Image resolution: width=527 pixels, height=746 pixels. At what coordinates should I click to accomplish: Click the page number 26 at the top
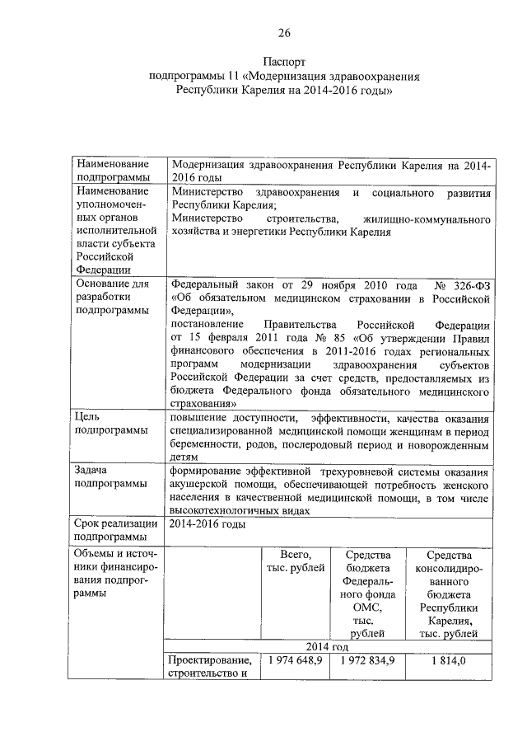tap(283, 33)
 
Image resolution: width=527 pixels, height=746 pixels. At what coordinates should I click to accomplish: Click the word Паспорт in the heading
tap(284, 62)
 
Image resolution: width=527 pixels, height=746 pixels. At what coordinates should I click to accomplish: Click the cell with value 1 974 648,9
tap(294, 660)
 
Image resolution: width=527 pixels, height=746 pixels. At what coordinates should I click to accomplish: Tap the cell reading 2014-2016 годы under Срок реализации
tap(208, 523)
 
